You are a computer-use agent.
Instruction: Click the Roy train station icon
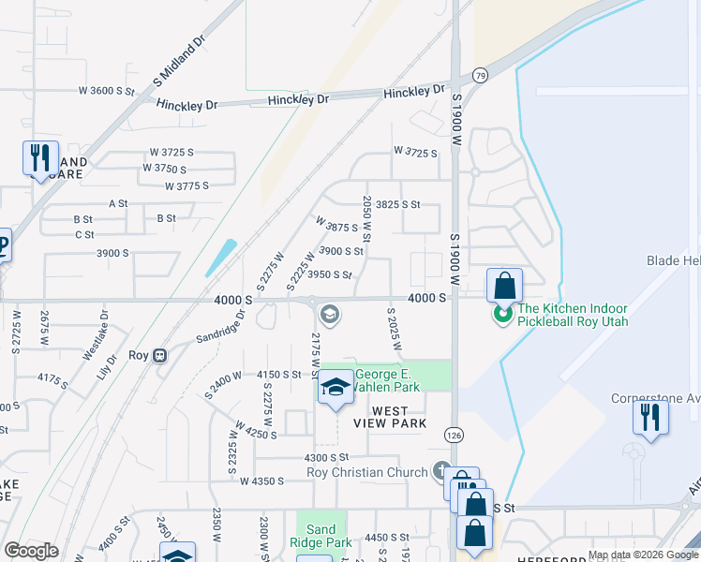(160, 356)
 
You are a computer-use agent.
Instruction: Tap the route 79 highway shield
(481, 74)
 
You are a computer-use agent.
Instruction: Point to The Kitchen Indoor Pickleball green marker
(503, 315)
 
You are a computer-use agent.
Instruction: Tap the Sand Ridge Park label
(321, 535)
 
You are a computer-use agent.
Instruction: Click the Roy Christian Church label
(366, 472)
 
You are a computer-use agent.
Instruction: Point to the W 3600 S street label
(109, 91)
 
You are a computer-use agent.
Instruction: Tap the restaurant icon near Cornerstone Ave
(650, 415)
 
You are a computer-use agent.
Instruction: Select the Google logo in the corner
(31, 551)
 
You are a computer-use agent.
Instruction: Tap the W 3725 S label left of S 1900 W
(415, 151)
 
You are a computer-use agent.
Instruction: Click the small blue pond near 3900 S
(221, 257)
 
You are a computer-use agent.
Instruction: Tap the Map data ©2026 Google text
(642, 555)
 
